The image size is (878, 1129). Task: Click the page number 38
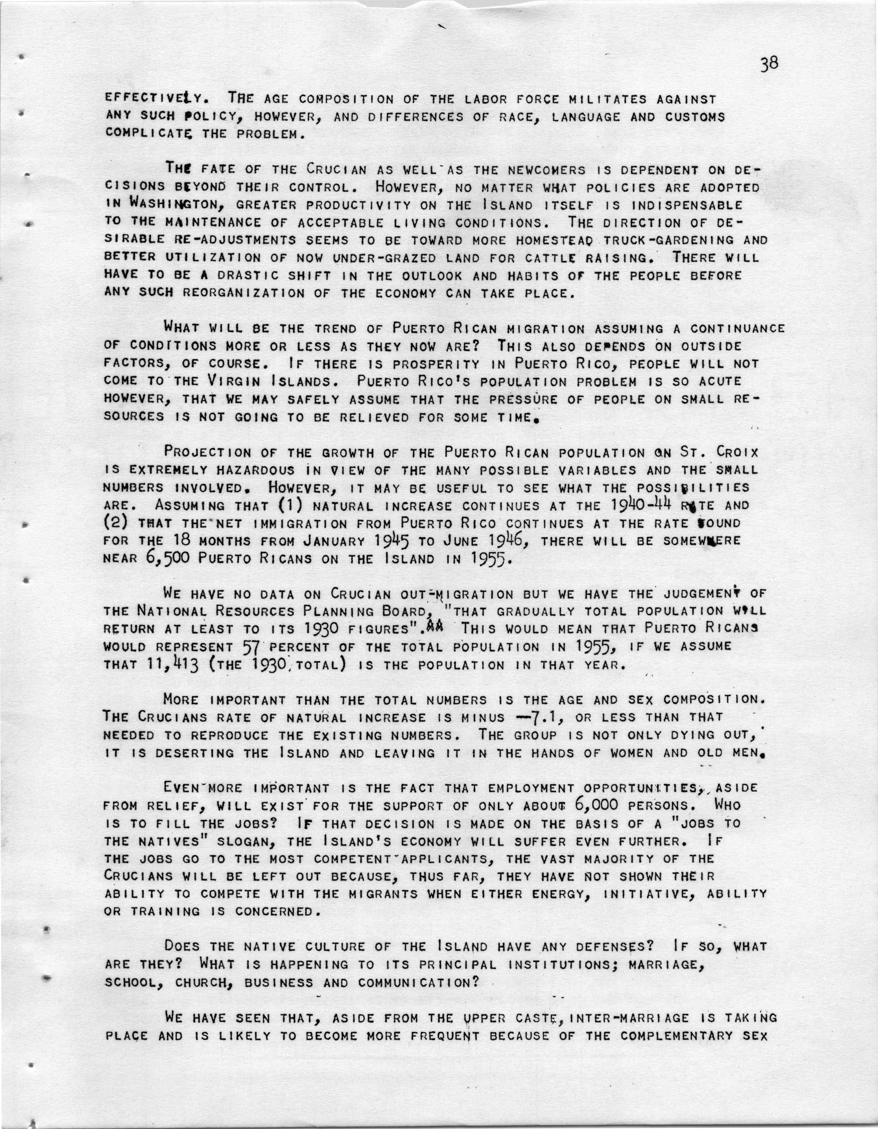click(x=769, y=63)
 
